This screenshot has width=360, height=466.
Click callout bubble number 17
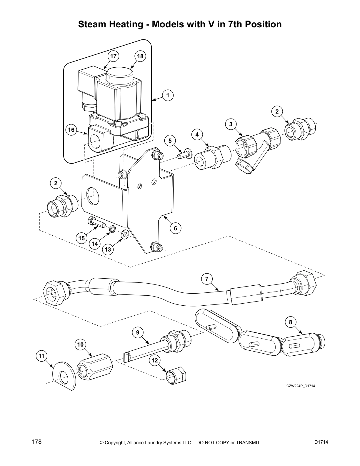tap(114, 56)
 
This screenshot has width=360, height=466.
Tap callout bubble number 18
tap(140, 56)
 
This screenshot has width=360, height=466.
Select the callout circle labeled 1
tap(168, 95)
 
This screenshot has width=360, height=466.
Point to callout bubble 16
tap(71, 130)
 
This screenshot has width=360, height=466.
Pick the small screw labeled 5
tap(184, 153)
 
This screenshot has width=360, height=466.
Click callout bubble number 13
tap(108, 249)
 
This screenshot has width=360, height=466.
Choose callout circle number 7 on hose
tap(207, 279)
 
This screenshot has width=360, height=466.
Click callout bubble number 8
tap(290, 322)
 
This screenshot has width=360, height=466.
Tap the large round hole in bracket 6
tap(93, 195)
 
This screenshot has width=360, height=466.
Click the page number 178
tap(36, 442)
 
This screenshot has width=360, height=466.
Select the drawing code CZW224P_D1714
tap(300, 386)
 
